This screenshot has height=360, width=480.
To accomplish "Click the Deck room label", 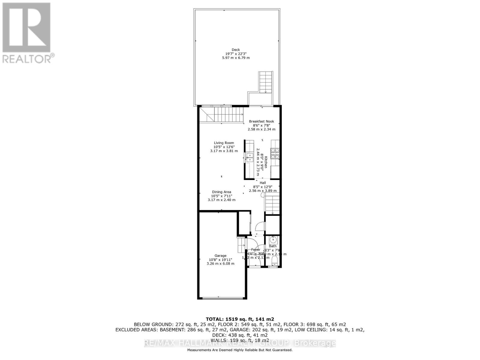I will pos(236,50).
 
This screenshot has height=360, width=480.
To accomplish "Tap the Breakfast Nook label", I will pos(261,121).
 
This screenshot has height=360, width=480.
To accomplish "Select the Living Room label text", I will pos(224,143).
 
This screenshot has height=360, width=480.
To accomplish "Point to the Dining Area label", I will pos(221,192).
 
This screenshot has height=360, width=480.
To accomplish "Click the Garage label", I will pos(220,256).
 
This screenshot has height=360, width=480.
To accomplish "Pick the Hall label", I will pos(263,183).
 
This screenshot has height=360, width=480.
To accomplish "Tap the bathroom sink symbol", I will pos(273,240).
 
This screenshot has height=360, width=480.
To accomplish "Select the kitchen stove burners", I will pos(275,154).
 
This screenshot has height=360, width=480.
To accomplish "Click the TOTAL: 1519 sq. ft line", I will pos(240,319).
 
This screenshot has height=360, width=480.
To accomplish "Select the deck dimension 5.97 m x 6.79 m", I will pos(236,58).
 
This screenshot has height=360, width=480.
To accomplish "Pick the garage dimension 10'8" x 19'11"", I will pos(220,260).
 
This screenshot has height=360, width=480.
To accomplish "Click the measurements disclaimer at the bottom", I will pos(240,350).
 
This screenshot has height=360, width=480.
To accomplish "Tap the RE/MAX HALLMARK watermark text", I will pos(240,343).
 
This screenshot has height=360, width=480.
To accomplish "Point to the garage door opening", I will pos(222,298).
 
